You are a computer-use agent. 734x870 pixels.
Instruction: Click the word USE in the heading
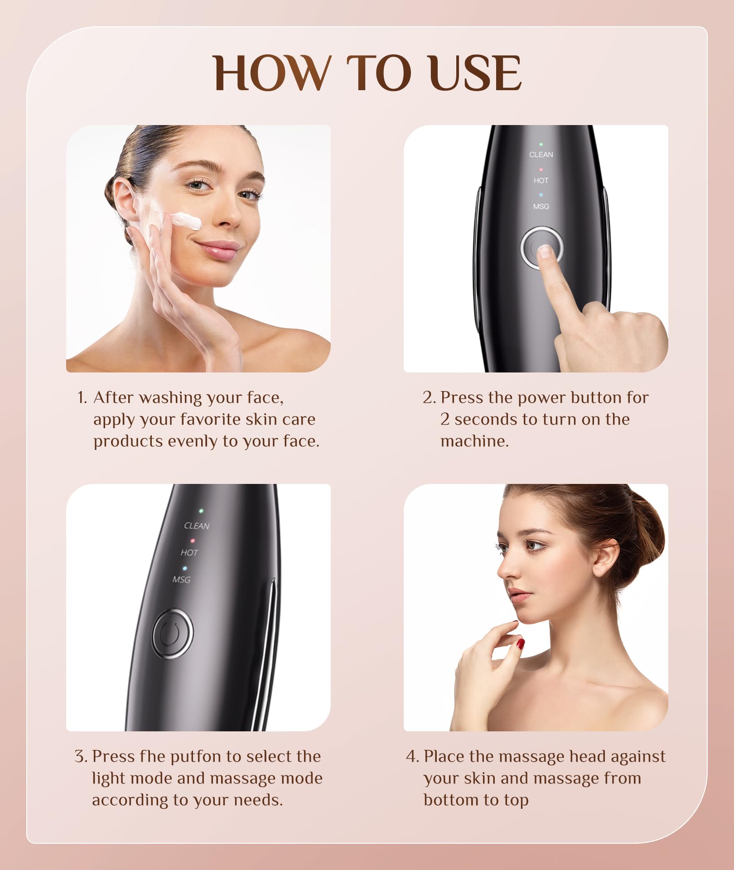point(475,74)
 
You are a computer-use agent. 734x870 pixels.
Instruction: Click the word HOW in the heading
point(271,74)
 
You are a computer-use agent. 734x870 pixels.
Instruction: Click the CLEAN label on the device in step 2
point(541,155)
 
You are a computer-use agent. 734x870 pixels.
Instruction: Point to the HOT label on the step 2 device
point(541,180)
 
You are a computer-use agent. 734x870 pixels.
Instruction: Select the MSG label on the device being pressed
point(541,206)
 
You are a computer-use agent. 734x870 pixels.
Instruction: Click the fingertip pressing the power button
point(544,251)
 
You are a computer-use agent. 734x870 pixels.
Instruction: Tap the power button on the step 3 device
point(172,633)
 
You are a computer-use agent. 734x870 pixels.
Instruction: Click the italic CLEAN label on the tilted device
point(197,526)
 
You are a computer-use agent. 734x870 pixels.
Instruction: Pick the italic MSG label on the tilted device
point(181,580)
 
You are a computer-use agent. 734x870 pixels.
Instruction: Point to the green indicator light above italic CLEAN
point(201,511)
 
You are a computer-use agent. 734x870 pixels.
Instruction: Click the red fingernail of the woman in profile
point(521,643)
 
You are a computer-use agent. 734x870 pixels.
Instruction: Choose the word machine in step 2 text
point(474,441)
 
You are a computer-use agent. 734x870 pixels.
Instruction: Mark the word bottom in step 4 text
point(449,800)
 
